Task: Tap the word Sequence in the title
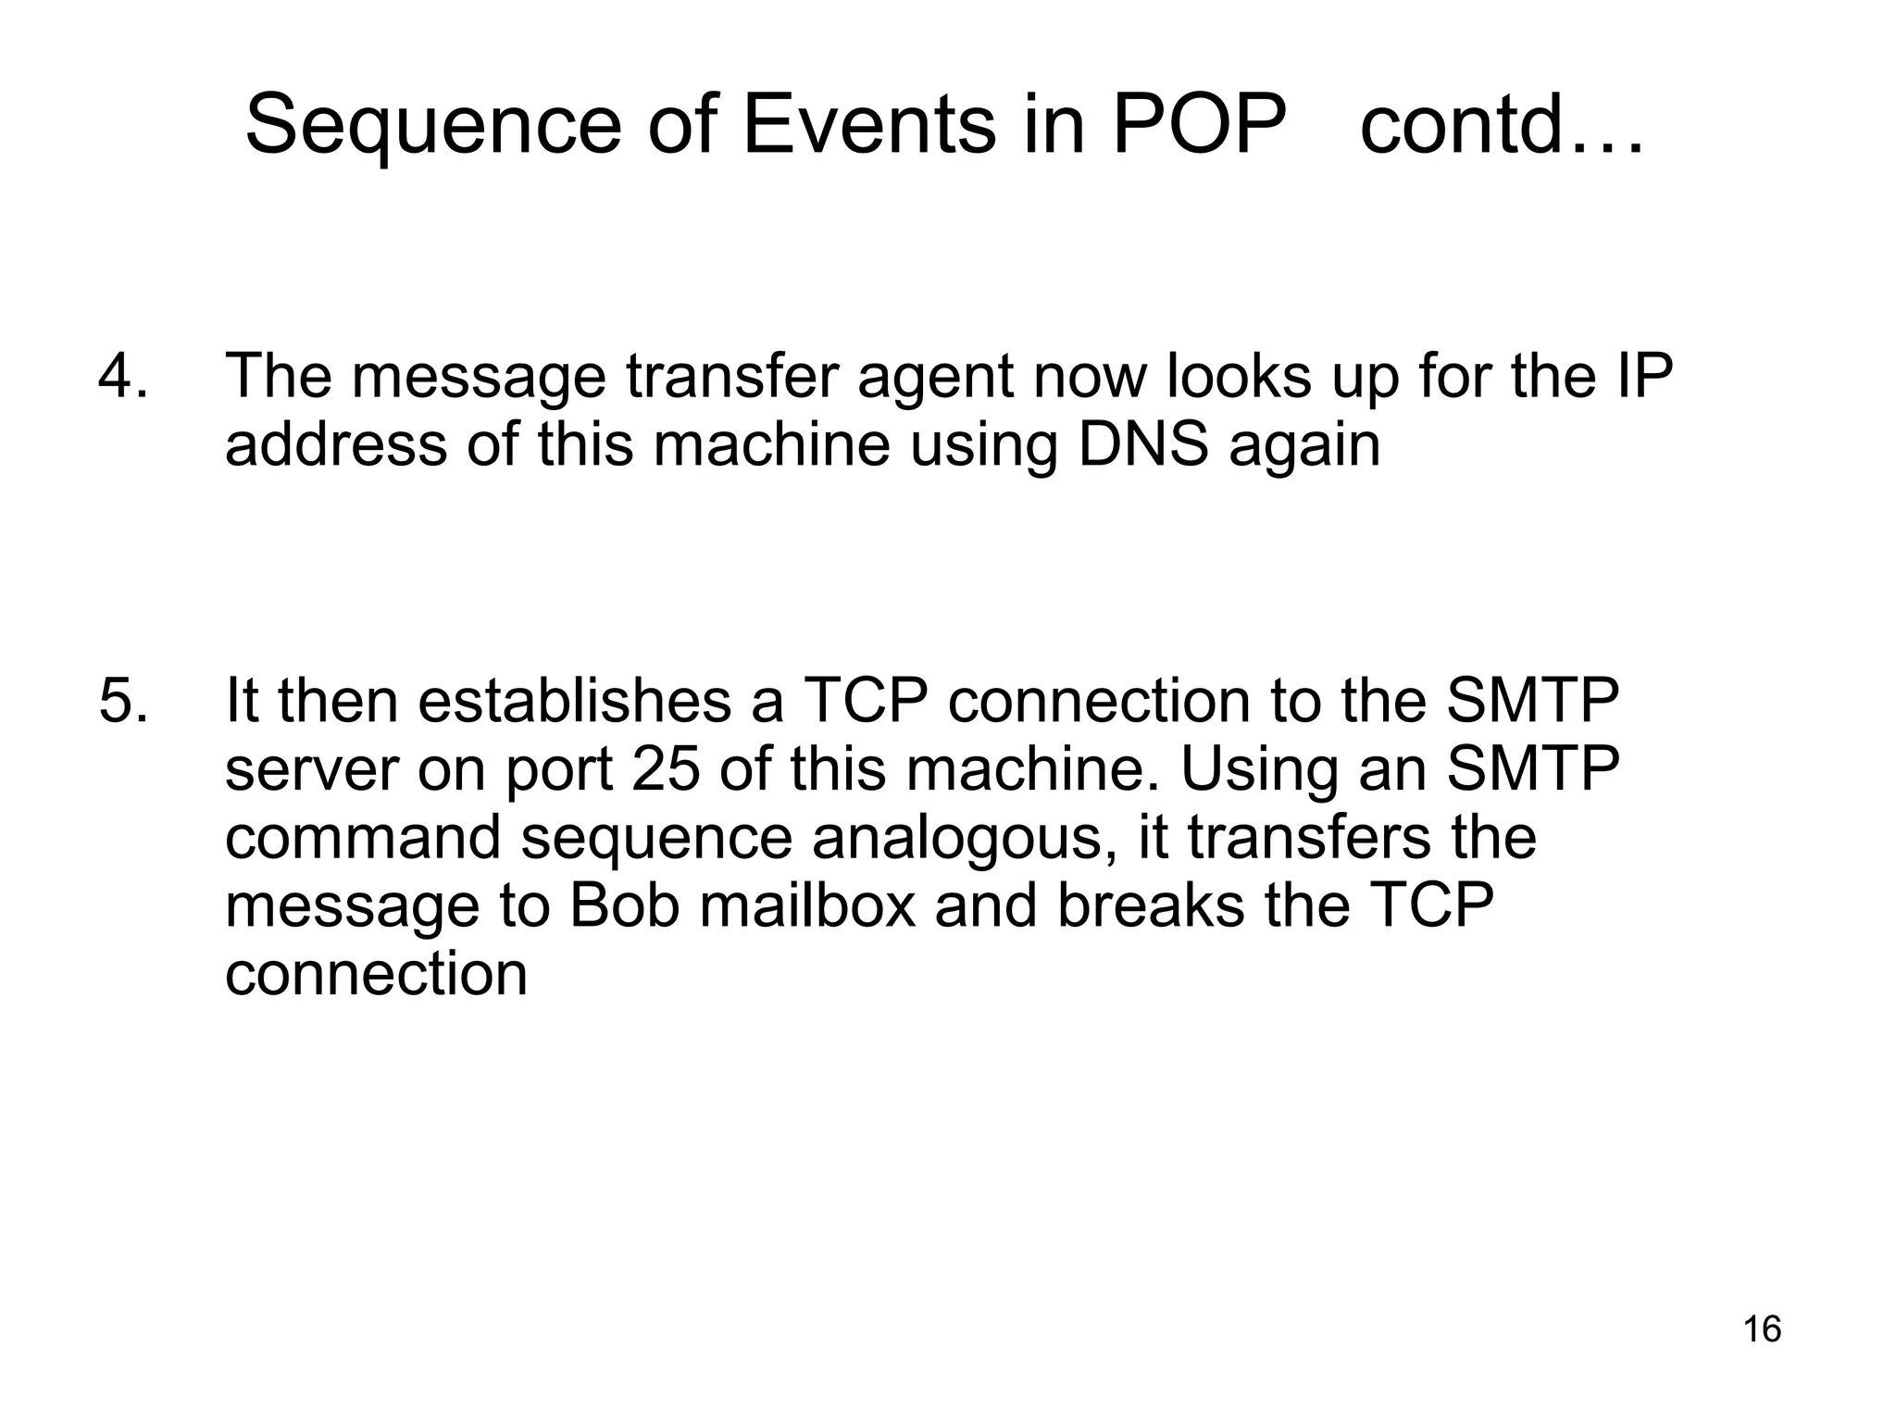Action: pyautogui.click(x=432, y=127)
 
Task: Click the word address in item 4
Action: pyautogui.click(x=336, y=444)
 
